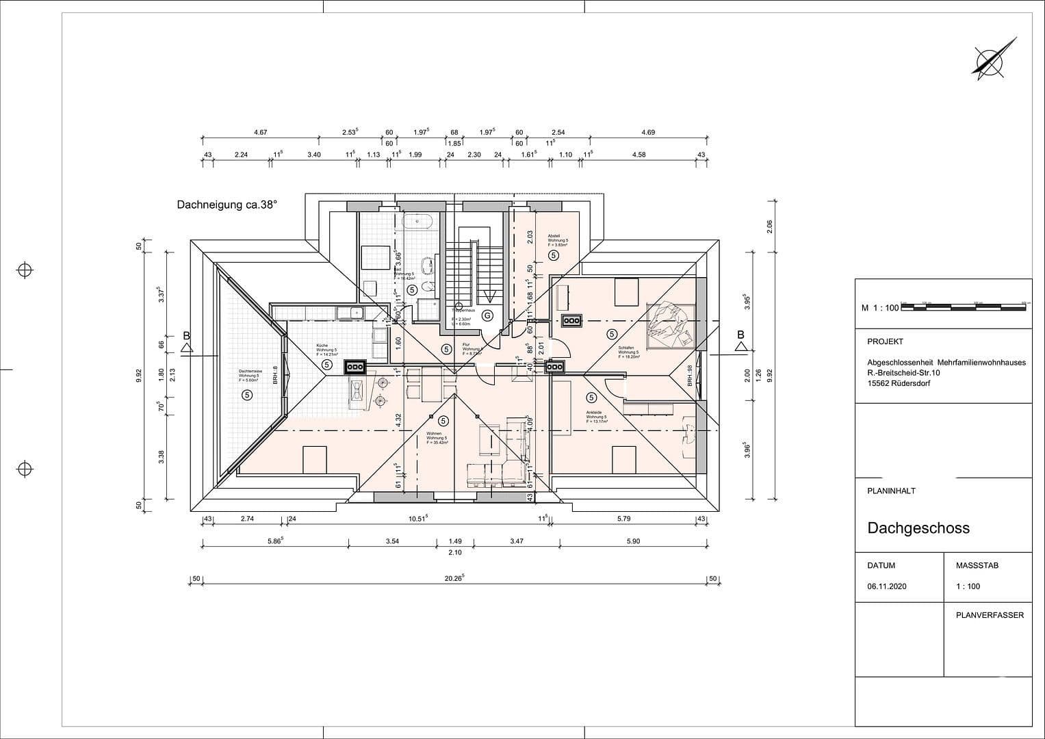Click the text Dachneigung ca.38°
click(x=227, y=205)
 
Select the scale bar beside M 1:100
click(x=965, y=307)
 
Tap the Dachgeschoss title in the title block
click(x=918, y=528)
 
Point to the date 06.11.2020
click(x=886, y=586)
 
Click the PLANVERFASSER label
click(x=990, y=615)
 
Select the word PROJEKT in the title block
click(x=885, y=341)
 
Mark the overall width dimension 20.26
click(x=454, y=578)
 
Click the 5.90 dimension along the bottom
click(x=633, y=541)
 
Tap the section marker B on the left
click(x=186, y=336)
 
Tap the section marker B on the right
click(x=740, y=335)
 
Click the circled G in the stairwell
click(x=487, y=315)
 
